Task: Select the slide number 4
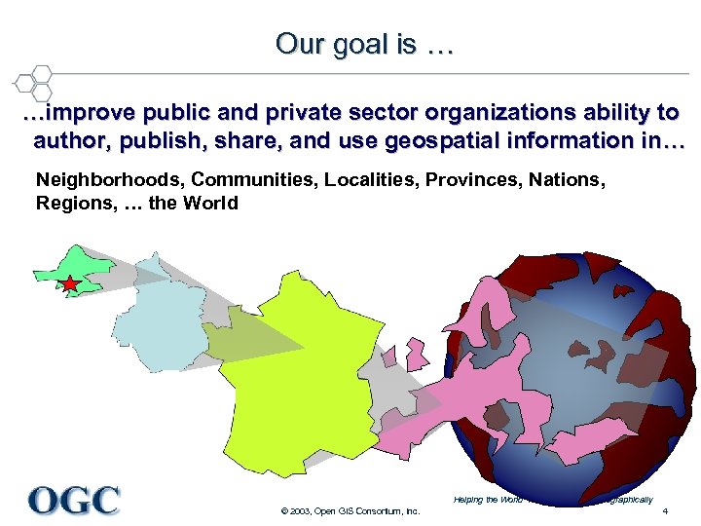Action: (x=664, y=512)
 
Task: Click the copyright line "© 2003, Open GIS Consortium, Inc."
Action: (x=350, y=511)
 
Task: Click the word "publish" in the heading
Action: (x=160, y=140)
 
